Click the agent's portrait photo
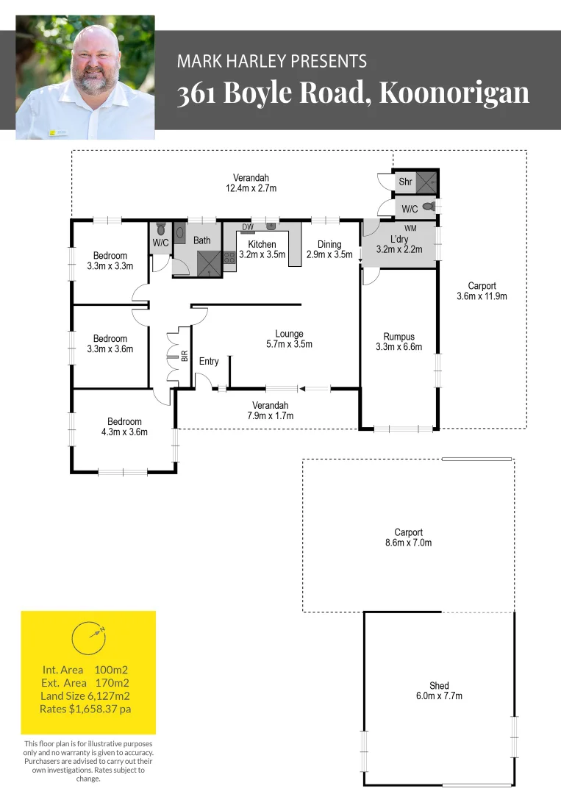pos(85,77)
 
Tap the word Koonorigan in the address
pos(454,93)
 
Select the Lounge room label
pos(289,334)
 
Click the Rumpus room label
pos(399,337)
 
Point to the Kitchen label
pos(262,245)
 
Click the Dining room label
pos(329,245)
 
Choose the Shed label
pos(439,686)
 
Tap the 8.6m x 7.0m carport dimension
pos(409,543)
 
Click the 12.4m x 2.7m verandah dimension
pos(251,188)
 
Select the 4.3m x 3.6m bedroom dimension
pos(124,432)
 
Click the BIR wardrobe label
pos(185,356)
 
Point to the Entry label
pos(209,361)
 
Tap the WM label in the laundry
pos(410,229)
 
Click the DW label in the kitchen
pos(248,227)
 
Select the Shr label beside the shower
pos(406,182)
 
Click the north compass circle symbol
pos(89,637)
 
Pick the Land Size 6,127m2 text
pos(85,695)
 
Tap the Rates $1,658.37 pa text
pos(85,709)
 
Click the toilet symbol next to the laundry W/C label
pos(429,207)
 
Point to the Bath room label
pos(202,240)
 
